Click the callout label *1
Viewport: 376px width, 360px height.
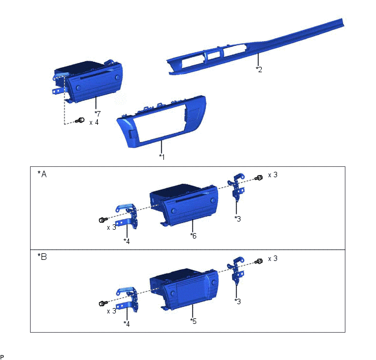(x=162, y=157)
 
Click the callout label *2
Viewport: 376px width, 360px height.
(x=259, y=69)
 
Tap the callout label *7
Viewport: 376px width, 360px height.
(x=98, y=113)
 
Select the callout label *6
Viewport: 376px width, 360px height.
(x=193, y=236)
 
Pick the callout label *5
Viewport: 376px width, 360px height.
(x=193, y=321)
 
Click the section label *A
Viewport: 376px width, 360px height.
(x=42, y=174)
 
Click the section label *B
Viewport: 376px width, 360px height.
(x=42, y=257)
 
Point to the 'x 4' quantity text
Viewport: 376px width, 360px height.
(x=94, y=123)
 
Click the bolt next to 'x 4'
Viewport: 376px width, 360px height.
(x=80, y=120)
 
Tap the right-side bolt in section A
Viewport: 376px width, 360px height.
(x=258, y=178)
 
